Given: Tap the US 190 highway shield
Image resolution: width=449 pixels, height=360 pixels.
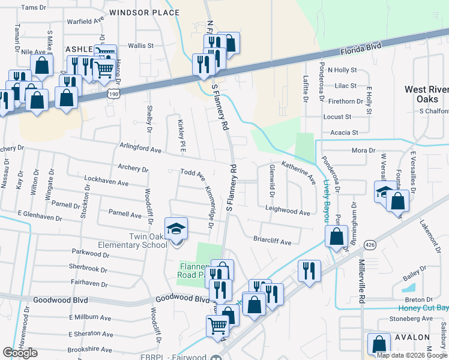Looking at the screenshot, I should coord(114,94).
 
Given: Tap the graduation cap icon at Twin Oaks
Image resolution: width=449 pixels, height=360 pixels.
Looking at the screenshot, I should coord(176,229).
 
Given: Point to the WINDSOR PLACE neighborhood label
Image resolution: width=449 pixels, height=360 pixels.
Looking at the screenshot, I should coord(145,12).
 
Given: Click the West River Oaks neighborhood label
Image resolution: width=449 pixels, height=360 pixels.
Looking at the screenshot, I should coord(426,94).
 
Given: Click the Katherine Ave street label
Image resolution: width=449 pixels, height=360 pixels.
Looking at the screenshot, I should coord(298,171).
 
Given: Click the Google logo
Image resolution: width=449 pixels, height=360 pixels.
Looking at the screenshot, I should coord(20,353).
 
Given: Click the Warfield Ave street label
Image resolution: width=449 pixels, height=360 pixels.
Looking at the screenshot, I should coord(85,35).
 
